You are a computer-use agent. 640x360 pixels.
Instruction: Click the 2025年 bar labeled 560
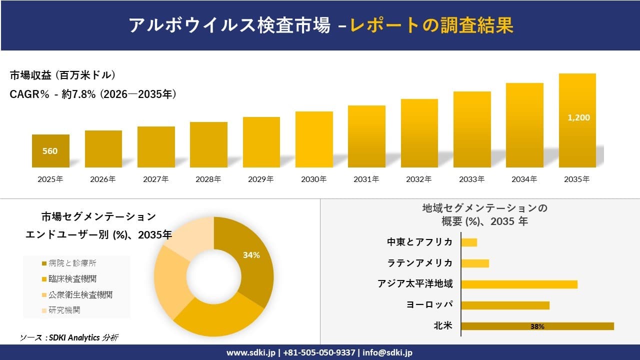pos(50,151)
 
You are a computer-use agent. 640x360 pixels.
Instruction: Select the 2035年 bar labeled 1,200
pos(577,120)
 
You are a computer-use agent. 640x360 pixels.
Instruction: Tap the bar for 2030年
pos(314,139)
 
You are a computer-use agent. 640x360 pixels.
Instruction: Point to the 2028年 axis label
pos(208,179)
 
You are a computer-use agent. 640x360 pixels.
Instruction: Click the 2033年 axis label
pos(472,179)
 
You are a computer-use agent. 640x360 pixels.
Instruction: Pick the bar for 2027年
pos(156,147)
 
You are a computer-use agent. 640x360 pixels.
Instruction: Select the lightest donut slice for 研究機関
pos(192,240)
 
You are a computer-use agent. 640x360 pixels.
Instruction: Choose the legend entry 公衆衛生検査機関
pos(80,294)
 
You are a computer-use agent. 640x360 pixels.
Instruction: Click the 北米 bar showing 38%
pos(537,326)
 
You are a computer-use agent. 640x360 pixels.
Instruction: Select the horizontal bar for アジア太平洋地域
pos(519,284)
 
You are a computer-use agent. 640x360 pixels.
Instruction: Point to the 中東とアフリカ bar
pos(469,242)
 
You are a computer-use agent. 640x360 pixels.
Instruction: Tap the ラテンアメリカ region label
pos(420,263)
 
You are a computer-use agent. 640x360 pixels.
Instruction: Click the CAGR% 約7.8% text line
pos(93,94)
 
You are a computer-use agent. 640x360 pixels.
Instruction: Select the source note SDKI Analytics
pos(69,337)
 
